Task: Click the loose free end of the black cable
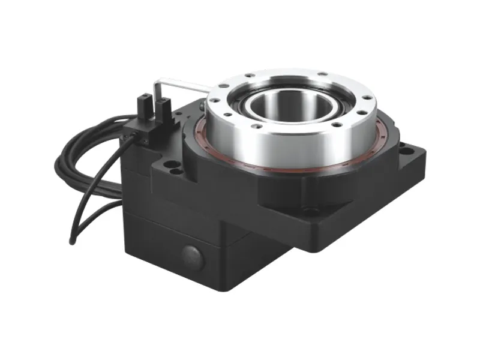(x=72, y=242)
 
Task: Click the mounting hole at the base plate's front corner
(x=311, y=211)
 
